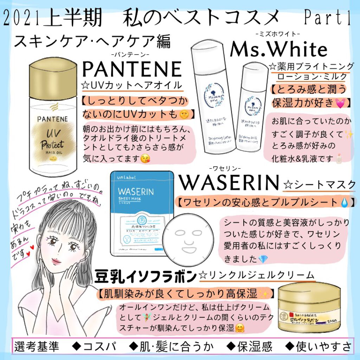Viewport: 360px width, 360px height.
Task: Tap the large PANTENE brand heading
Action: tap(131, 69)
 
